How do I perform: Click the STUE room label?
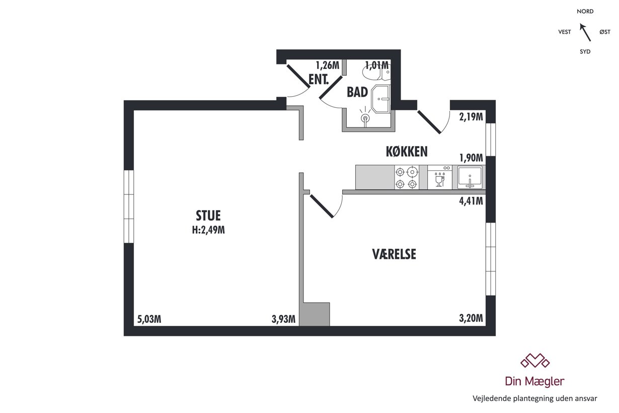point(208,216)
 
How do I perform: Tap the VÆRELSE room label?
point(394,254)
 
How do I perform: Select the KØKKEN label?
point(407,151)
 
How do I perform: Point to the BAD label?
point(357,92)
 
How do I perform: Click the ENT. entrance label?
point(319,80)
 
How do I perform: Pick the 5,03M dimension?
point(149,319)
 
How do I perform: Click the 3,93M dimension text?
point(283,319)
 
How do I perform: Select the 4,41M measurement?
point(471,201)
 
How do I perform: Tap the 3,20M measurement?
point(471,318)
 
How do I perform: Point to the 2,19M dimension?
point(471,117)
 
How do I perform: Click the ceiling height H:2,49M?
point(208,230)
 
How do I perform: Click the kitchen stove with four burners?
point(407,177)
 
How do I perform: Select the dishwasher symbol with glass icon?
point(440,177)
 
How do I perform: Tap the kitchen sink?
point(470,177)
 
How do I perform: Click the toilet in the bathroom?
point(376,73)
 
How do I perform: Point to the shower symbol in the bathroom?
point(365,117)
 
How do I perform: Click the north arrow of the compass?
point(585,32)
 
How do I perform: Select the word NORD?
point(585,12)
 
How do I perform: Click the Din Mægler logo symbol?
point(535,361)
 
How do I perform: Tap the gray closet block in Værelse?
point(315,314)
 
